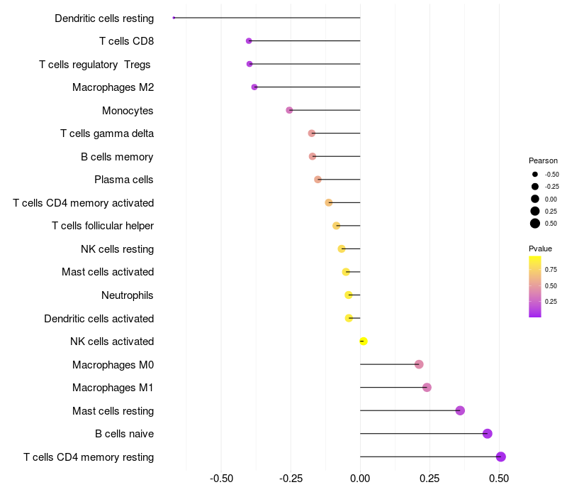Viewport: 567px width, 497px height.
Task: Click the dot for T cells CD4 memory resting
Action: pos(501,457)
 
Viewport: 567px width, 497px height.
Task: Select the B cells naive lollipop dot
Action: pos(487,434)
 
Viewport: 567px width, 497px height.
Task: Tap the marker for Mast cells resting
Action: pos(460,410)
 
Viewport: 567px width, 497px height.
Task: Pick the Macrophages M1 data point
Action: pos(427,387)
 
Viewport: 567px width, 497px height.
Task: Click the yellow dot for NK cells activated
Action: pos(364,342)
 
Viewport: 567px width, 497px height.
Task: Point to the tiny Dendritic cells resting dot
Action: pos(174,18)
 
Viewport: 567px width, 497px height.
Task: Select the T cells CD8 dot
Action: pos(249,41)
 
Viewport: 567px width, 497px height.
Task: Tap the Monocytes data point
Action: pos(289,110)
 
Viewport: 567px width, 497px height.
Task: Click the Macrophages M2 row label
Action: pos(113,87)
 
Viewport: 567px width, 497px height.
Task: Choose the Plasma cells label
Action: pos(124,180)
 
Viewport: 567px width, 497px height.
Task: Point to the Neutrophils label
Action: pos(128,295)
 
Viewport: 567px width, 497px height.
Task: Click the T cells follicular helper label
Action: pos(103,226)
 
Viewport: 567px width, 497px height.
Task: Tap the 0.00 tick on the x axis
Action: pos(360,479)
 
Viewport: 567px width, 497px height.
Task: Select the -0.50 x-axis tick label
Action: pos(222,479)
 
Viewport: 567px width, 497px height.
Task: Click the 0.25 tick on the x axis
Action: pos(430,479)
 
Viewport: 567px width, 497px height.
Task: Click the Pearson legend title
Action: pos(543,160)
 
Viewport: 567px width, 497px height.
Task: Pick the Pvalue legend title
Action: pos(540,248)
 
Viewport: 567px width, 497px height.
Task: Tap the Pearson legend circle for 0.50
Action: pos(535,224)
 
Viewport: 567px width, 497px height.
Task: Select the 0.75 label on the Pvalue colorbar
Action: pos(551,270)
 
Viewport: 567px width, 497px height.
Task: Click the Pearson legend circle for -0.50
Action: pos(535,174)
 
